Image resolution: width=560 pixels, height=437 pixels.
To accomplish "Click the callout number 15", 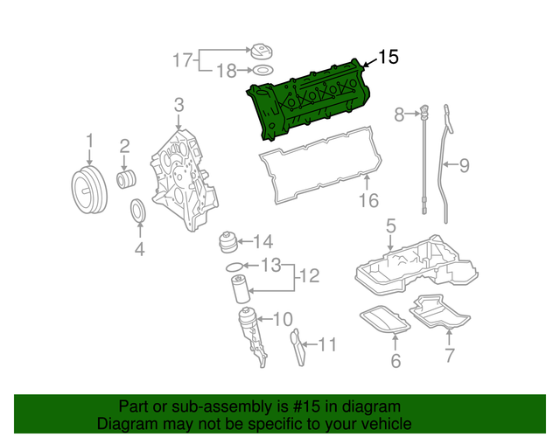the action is [388, 57].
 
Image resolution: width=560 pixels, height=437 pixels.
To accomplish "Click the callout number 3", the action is [178, 107].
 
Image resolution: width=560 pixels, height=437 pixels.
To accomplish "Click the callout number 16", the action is [369, 201].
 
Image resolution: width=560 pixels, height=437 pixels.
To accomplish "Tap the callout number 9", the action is [465, 163].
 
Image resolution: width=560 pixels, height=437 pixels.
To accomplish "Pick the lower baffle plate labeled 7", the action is [441, 314].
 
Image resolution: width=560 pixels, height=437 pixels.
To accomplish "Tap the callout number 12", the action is [309, 277].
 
